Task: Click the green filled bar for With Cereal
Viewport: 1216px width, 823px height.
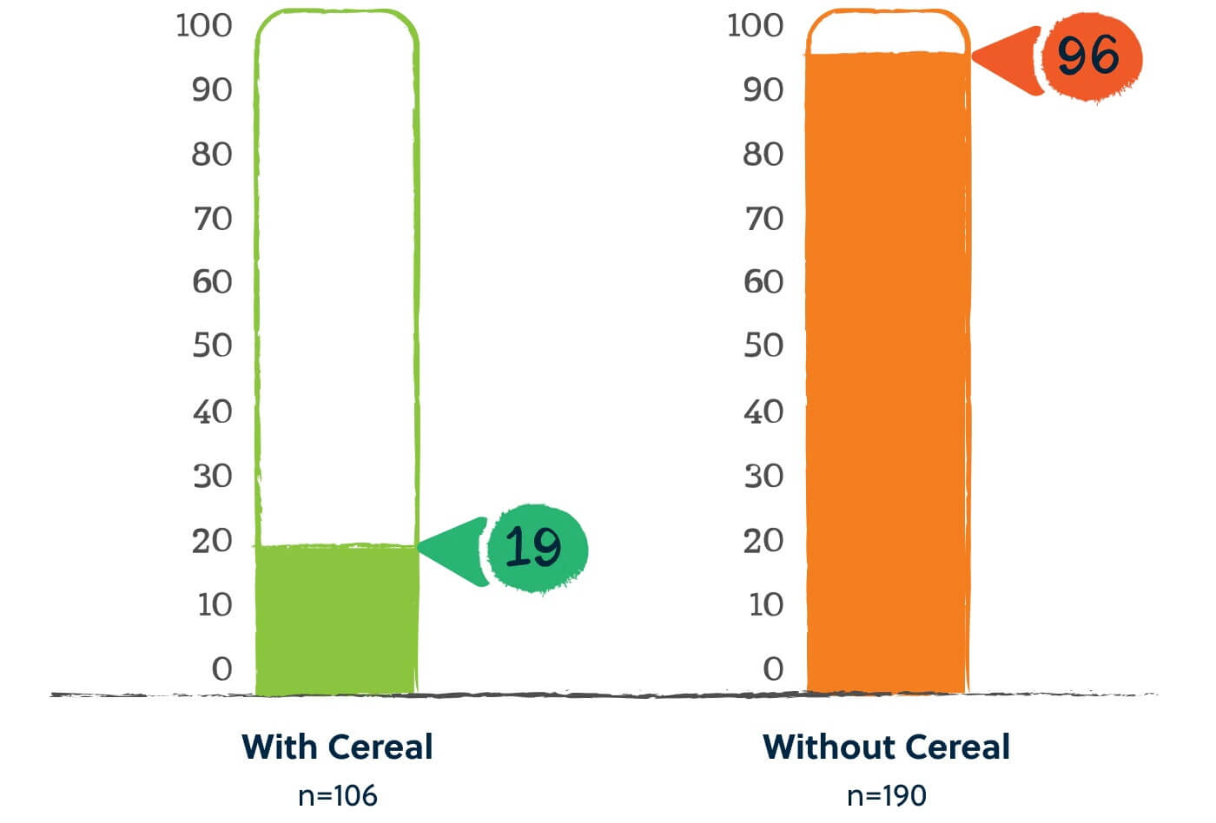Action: (337, 620)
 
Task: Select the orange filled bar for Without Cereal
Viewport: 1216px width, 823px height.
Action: (887, 373)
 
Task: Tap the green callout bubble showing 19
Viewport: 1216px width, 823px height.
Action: (536, 548)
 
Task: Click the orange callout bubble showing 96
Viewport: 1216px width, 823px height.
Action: (1090, 56)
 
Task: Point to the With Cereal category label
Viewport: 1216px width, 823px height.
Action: (337, 747)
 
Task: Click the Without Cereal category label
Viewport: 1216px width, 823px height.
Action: (886, 747)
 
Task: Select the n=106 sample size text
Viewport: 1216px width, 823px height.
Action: (337, 795)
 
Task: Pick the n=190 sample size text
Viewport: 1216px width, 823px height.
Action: (886, 795)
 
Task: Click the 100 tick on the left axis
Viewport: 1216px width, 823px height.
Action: (204, 25)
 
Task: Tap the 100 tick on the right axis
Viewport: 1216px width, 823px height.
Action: (755, 25)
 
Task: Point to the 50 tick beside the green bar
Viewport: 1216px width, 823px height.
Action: (212, 346)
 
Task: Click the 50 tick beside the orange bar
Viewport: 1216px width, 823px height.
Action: (763, 346)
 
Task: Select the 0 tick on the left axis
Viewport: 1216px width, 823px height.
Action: (222, 668)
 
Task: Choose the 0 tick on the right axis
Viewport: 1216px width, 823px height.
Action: (773, 668)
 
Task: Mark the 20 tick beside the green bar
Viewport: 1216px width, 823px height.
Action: (212, 541)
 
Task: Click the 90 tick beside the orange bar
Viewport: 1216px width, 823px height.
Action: (763, 89)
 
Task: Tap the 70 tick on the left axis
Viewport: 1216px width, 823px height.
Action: (212, 218)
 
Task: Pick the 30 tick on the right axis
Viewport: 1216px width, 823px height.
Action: (763, 476)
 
